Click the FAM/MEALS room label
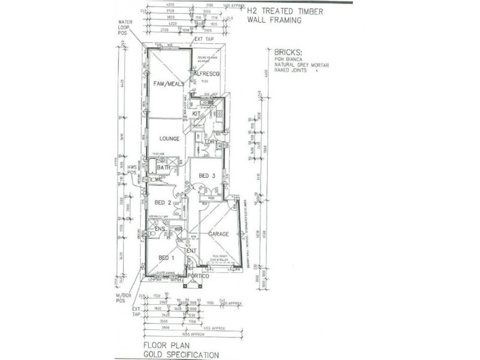coord(167,83)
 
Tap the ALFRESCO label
coord(207,73)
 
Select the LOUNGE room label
coord(170,139)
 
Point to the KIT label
coord(196,113)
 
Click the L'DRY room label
coord(211,142)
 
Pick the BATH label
coord(163,167)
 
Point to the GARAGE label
coord(219,234)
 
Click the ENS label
coord(160,229)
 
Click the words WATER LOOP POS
coord(128,28)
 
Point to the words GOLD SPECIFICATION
coord(181,355)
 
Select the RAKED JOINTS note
coord(290,70)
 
